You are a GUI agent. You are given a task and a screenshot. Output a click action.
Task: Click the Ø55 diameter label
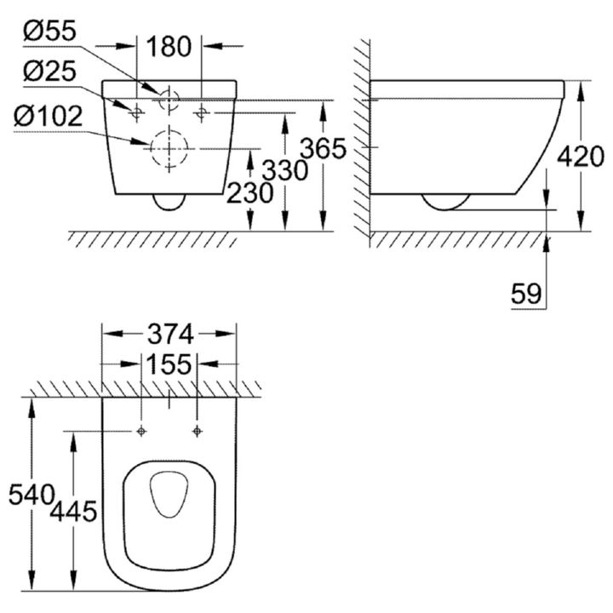point(49,32)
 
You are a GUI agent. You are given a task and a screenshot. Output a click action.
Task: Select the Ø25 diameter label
point(49,72)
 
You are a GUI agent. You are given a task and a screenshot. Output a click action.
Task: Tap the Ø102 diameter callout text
point(48,116)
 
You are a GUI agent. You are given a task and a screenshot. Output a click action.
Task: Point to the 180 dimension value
point(169,47)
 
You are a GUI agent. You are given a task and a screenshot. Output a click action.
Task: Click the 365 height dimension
point(323,148)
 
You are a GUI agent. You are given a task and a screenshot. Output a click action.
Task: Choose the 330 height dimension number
point(284,170)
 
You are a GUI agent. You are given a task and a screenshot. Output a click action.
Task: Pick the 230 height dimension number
point(249,192)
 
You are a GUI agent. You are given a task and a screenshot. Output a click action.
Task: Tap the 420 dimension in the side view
point(580,157)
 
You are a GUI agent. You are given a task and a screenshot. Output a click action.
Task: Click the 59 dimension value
point(527,294)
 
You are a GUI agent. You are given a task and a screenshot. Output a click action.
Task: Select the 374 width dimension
point(170,334)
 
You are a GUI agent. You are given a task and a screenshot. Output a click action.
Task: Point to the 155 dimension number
point(169,364)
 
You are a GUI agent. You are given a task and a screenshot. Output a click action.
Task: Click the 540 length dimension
point(32,495)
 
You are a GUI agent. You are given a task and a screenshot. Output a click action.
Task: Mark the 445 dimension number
point(73,512)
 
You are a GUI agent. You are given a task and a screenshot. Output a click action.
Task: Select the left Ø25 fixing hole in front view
point(136,113)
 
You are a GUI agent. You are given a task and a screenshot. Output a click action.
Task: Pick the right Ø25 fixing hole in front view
point(201,113)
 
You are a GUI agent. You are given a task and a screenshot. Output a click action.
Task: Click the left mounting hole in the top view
point(141,431)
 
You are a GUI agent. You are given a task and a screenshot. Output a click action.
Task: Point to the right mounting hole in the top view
point(198,431)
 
